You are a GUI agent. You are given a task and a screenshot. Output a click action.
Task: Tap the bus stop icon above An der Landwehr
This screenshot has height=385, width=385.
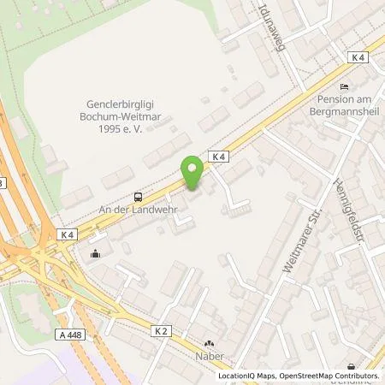coord(139,196)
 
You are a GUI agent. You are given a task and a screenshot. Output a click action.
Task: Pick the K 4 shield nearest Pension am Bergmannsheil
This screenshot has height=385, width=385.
coord(358,56)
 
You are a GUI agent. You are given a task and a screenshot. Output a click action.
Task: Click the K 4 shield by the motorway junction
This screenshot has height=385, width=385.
coord(68,234)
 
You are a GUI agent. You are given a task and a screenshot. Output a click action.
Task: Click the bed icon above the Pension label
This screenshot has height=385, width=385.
coord(345,86)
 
